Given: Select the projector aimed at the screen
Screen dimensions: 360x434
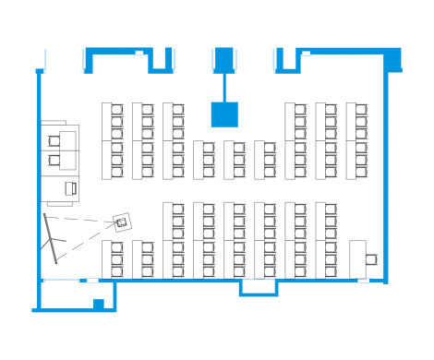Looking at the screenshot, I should [121, 222].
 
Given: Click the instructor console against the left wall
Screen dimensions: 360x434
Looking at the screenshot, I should [61, 162].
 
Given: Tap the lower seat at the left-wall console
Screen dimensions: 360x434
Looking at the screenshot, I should [57, 160].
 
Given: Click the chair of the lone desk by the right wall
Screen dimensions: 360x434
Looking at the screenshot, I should [372, 258].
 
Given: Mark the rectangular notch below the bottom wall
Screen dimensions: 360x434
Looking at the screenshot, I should [259, 289].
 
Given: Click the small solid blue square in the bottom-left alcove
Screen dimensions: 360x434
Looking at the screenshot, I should [97, 303].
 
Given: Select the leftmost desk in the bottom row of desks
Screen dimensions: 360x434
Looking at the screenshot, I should [113, 258].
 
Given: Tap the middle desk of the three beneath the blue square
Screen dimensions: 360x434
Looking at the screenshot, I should [235, 160].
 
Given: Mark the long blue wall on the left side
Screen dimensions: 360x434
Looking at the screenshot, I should [38, 185].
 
